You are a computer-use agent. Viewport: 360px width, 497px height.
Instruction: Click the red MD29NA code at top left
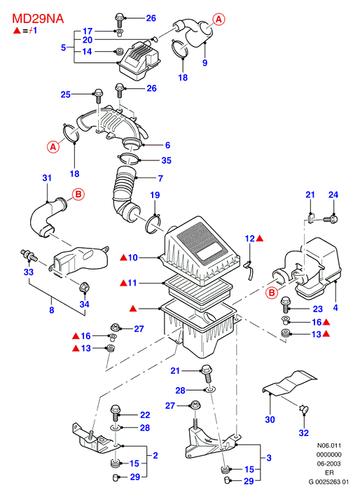(x=38, y=19)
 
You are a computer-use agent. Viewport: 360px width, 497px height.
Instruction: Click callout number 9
(x=205, y=62)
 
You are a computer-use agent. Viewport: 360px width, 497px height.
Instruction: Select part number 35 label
(x=166, y=160)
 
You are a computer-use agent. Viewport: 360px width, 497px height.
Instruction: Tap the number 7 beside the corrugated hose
(x=160, y=178)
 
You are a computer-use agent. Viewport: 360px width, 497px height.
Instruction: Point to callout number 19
(x=155, y=195)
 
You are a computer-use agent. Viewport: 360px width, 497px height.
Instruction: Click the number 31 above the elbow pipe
(x=47, y=178)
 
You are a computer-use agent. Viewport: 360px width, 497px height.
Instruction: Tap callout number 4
(x=335, y=307)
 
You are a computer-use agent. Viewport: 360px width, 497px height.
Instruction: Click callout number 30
(x=270, y=419)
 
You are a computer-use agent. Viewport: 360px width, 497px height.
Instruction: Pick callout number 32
(x=303, y=433)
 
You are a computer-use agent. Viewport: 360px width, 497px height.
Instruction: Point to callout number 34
(x=84, y=304)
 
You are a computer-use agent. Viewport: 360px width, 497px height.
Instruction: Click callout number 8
(x=52, y=309)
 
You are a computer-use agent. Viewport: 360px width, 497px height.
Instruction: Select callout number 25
(x=66, y=94)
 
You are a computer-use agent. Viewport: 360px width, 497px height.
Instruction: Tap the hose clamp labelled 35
(x=129, y=157)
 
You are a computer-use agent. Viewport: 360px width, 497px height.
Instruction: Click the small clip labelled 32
(x=304, y=409)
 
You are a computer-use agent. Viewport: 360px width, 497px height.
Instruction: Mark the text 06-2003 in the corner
(x=329, y=463)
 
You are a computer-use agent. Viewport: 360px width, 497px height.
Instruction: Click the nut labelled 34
(x=83, y=287)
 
